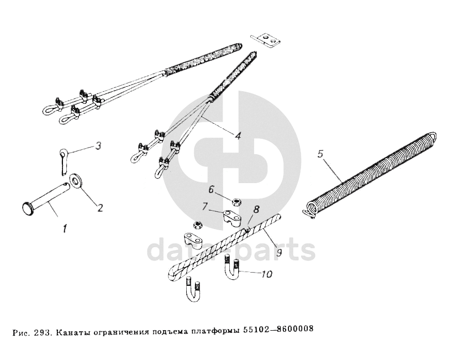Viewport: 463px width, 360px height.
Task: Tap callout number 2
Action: point(100,208)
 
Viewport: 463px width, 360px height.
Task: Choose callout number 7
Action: point(204,206)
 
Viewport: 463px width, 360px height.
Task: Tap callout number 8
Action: point(256,210)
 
